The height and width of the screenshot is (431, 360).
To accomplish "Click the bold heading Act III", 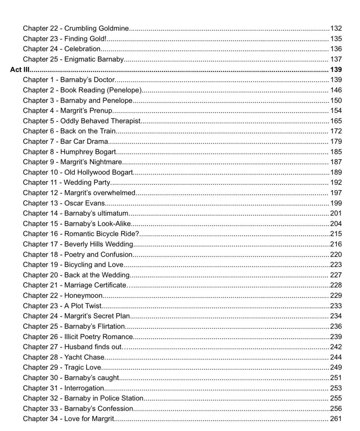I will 20,69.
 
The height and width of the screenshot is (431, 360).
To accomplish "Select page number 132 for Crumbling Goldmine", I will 336,28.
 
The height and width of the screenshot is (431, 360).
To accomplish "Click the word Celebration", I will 82,49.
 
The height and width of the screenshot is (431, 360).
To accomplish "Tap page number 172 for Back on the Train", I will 336,131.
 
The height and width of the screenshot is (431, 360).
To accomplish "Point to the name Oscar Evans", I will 84,203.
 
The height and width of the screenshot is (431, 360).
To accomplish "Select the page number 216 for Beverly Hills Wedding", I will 336,244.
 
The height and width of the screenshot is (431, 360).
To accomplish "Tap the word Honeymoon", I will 83,296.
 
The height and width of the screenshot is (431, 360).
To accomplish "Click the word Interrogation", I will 84,388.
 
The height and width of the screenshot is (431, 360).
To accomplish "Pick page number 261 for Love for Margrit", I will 336,419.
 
